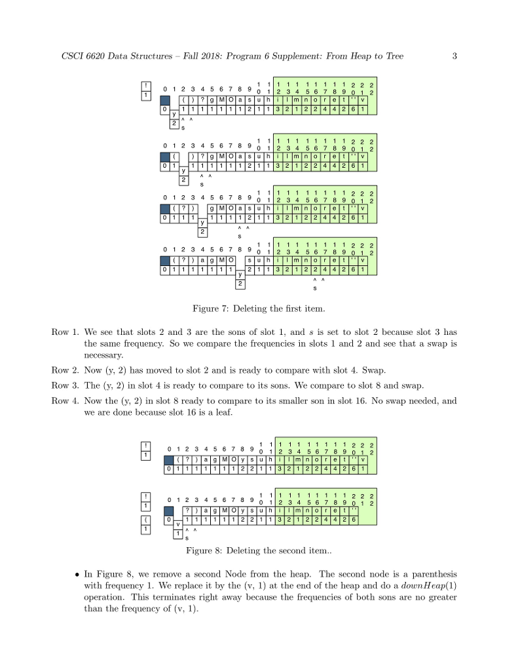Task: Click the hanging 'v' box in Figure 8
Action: click(177, 524)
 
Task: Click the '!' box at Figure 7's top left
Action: click(148, 86)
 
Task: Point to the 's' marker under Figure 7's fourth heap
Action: click(315, 288)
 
